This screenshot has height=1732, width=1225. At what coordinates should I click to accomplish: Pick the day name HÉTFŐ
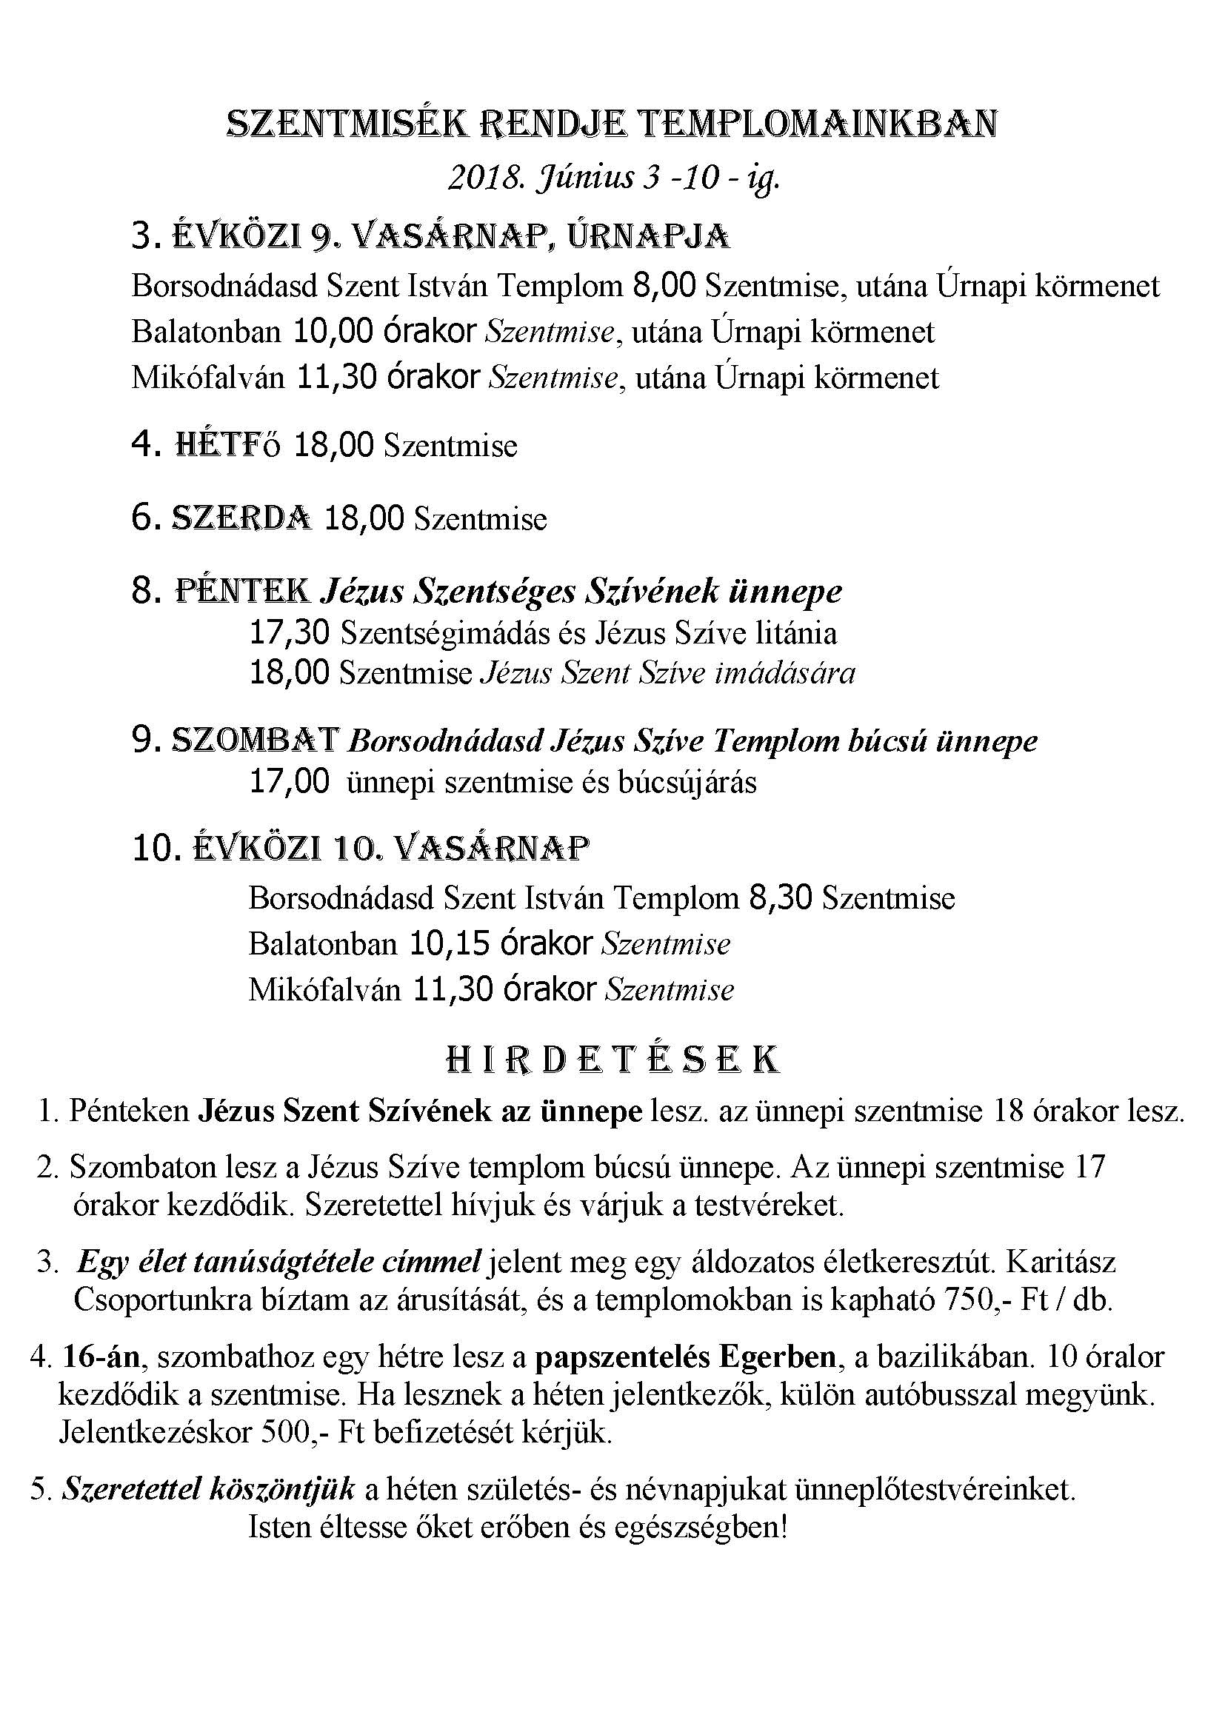227,445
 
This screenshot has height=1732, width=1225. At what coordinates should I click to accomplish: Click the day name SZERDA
242,518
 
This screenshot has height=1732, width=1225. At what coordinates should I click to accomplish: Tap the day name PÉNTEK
242,591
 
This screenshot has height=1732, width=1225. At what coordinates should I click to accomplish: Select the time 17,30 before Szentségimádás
289,633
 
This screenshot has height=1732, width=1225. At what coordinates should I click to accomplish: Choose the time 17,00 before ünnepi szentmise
289,782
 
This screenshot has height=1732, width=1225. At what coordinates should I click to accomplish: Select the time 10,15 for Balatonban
450,943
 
